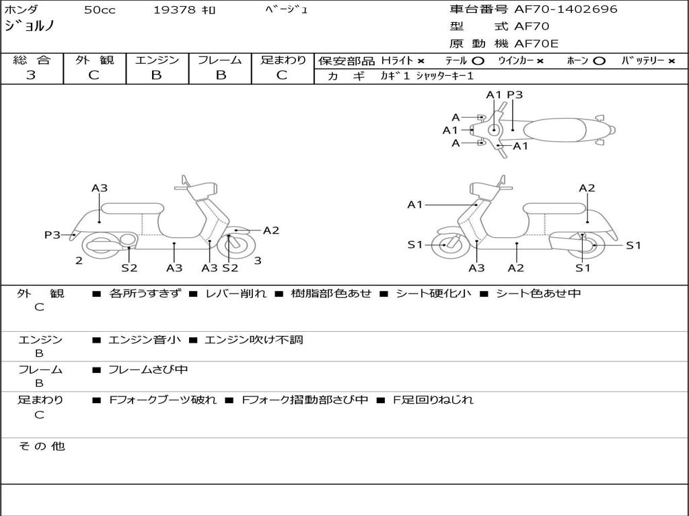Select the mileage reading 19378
coord(174,10)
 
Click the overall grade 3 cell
coord(31,75)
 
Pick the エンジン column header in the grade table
coord(157,60)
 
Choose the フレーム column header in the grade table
coord(220,60)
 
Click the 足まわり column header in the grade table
coord(283,60)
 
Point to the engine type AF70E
coord(536,44)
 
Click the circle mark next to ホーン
coord(600,61)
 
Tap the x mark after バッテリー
coord(672,61)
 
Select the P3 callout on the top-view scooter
coord(515,95)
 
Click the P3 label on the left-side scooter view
coord(52,234)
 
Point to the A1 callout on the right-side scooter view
coord(415,204)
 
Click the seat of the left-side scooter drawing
coord(131,208)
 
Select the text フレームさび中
coord(148,370)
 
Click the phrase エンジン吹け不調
coord(254,340)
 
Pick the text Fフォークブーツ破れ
coord(163,400)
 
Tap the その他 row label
coord(41,446)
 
